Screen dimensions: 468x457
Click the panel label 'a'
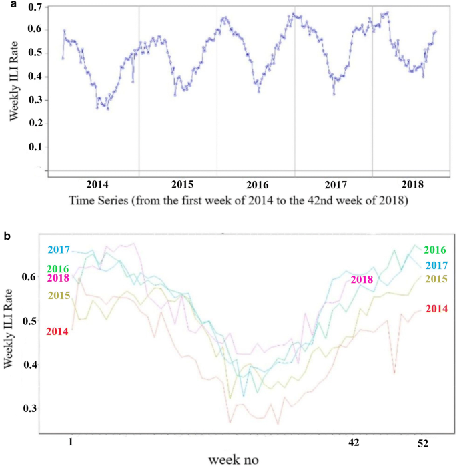pos(5,5)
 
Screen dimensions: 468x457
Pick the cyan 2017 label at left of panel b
pos(58,250)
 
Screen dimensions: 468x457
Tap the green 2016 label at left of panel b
pos(58,268)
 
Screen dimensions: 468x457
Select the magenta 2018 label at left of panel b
pos(58,278)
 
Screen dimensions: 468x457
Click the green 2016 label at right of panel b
pos(436,250)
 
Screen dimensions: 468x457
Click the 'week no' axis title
pos(233,460)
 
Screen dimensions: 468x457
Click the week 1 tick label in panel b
pos(71,442)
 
